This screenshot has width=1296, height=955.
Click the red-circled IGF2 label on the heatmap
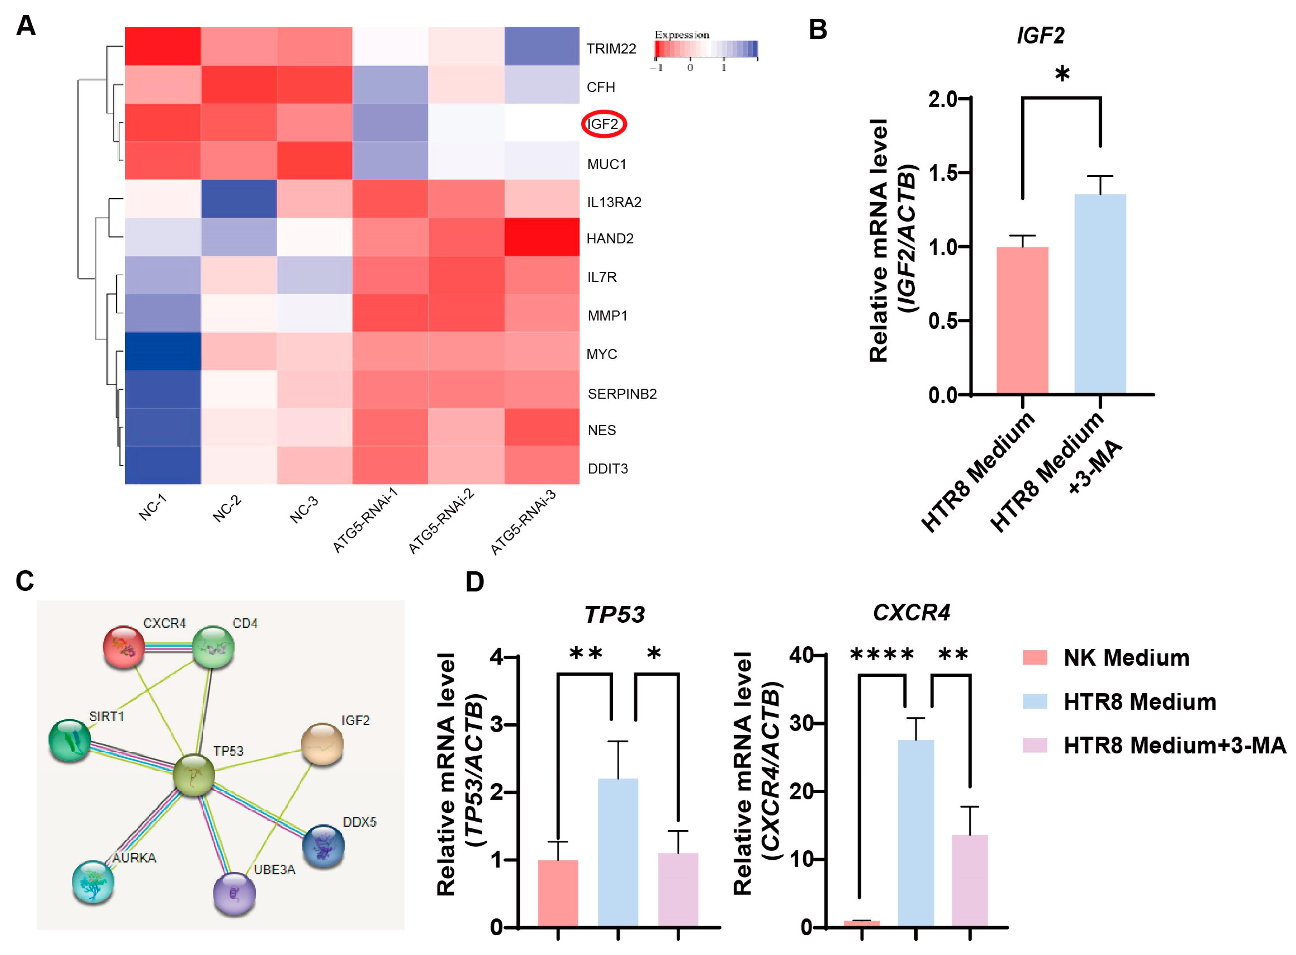coord(603,124)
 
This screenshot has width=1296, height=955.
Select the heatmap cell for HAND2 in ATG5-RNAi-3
coord(541,237)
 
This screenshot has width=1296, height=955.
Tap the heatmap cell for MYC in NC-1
coord(162,351)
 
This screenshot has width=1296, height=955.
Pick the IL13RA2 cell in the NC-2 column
coord(238,199)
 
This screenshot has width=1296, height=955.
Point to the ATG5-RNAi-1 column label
coord(365,520)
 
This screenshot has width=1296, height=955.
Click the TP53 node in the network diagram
coord(194,775)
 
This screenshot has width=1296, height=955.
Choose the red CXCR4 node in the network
coord(123,647)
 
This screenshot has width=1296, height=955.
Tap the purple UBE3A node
coord(234,894)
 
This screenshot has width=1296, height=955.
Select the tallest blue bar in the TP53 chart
coord(617,853)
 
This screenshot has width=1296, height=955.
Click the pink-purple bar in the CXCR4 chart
coord(969,880)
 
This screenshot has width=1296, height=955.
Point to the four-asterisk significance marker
coord(882,655)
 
